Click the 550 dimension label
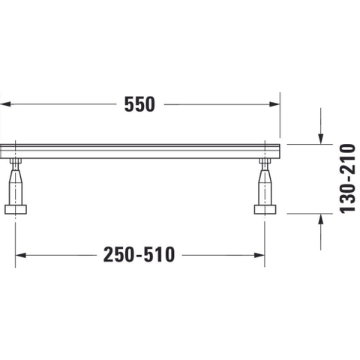click(139, 104)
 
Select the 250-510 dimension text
click(139, 255)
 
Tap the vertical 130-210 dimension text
click(347, 178)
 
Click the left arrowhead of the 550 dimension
click(5, 104)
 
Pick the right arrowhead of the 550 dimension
click(274, 104)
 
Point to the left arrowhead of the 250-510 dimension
click(21, 255)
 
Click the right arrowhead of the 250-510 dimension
click(259, 255)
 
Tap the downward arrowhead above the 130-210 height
click(321, 139)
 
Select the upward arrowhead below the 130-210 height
click(321, 219)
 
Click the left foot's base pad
click(16, 209)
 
